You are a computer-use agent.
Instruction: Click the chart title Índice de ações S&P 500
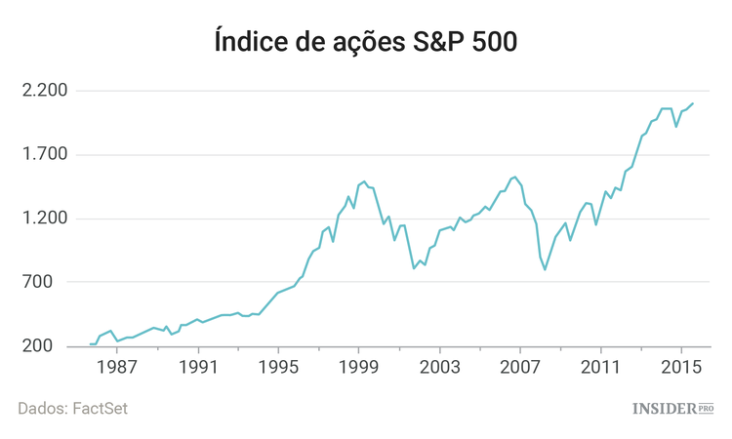coord(365,42)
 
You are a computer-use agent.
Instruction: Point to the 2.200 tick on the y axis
coord(44,91)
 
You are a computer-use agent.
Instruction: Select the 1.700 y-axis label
coord(44,154)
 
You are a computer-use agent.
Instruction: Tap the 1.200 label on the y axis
coord(44,219)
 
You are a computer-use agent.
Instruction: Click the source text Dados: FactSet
coord(72,409)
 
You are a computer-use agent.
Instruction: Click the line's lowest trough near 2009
coord(546,268)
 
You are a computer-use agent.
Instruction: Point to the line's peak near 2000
coord(364,181)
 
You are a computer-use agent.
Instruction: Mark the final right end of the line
coord(693,103)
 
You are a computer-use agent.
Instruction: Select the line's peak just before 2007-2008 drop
coord(514,177)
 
